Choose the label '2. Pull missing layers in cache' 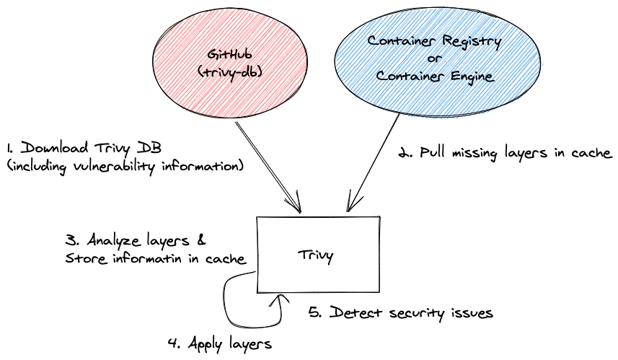pos(506,153)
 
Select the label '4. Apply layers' pos(219,343)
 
